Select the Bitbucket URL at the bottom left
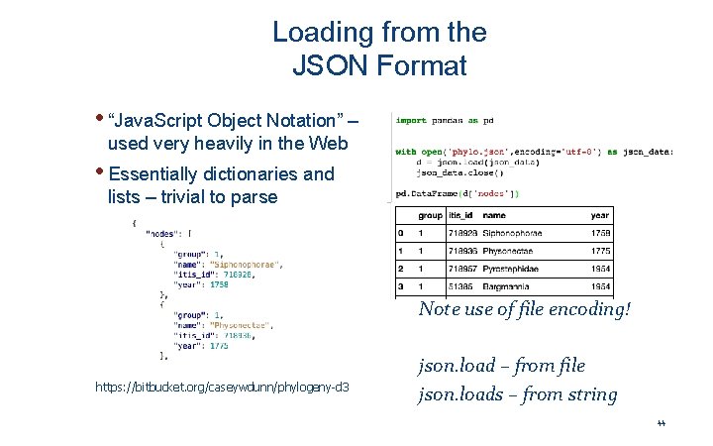point(227,386)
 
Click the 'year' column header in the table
point(600,215)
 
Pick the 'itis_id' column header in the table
point(460,215)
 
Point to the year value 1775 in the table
point(600,252)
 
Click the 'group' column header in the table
point(430,215)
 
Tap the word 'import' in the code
point(411,121)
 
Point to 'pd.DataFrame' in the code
point(427,193)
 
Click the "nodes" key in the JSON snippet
point(163,234)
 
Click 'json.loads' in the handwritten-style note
point(455,394)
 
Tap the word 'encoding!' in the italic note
point(592,308)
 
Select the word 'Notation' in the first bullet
point(304,121)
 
